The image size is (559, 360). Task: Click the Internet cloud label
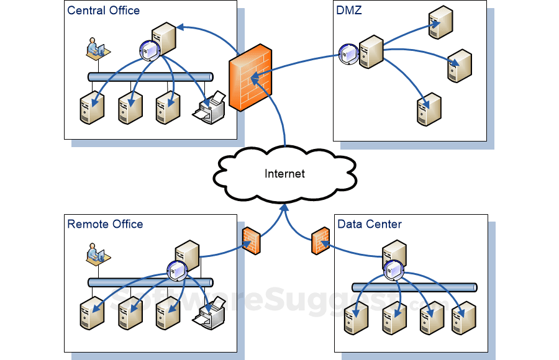click(x=284, y=174)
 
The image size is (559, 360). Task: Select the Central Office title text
click(x=103, y=10)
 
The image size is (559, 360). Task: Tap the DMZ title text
click(x=349, y=10)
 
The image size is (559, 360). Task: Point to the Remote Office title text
click(x=105, y=224)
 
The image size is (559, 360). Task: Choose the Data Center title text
click(x=370, y=224)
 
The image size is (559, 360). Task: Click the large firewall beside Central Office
click(x=250, y=78)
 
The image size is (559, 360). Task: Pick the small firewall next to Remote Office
click(x=250, y=240)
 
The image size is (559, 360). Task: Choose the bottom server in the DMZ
click(x=429, y=109)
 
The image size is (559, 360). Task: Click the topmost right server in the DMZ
click(x=440, y=22)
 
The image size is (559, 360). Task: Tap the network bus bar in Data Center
click(x=414, y=287)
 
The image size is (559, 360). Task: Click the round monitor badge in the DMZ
click(x=348, y=55)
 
